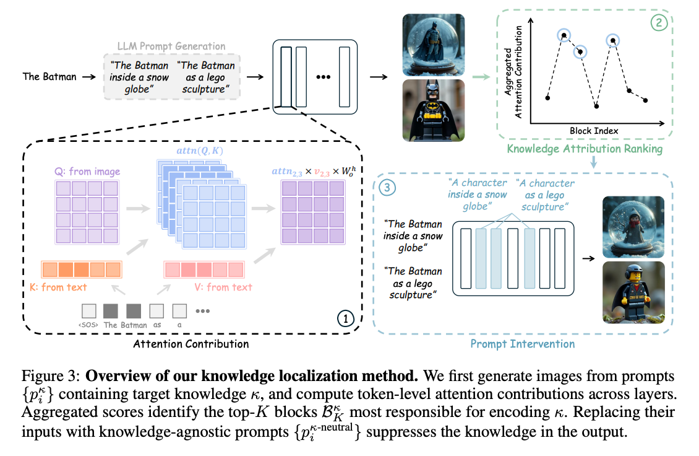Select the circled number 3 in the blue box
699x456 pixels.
387,188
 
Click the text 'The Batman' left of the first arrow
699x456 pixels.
49,77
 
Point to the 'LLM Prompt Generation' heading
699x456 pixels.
171,46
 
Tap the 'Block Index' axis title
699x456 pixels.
594,131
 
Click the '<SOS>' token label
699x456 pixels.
89,325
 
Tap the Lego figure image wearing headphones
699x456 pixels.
632,292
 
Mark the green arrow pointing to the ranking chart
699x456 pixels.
479,77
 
